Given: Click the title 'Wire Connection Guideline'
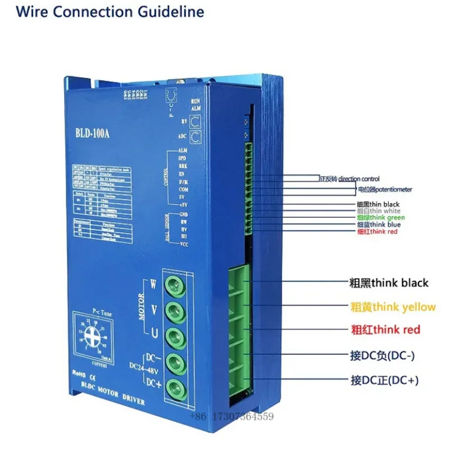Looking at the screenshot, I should pos(110,11).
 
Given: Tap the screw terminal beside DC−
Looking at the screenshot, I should pos(176,360).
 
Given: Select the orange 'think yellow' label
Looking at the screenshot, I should pos(393,307).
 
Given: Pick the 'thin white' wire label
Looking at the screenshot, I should pos(379,211).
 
